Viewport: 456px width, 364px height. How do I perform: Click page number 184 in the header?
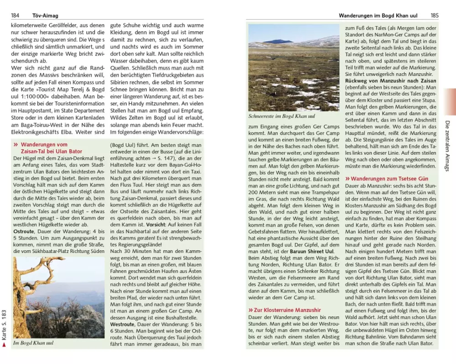pos(15,15)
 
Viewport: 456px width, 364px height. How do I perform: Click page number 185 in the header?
pos(435,15)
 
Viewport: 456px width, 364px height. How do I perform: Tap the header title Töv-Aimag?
pos(45,15)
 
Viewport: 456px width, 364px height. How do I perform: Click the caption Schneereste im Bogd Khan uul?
pos(281,116)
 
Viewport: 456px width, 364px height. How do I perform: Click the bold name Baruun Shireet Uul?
pos(312,251)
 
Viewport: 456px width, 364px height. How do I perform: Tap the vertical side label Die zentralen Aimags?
pos(447,146)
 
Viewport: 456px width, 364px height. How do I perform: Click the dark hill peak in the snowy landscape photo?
pos(278,41)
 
